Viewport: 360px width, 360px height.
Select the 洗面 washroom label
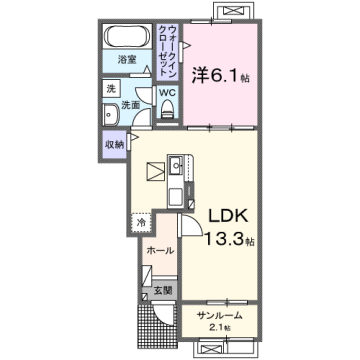130,104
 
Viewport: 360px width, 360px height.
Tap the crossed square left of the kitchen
155,171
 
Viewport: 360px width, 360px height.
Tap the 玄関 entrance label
162,290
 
